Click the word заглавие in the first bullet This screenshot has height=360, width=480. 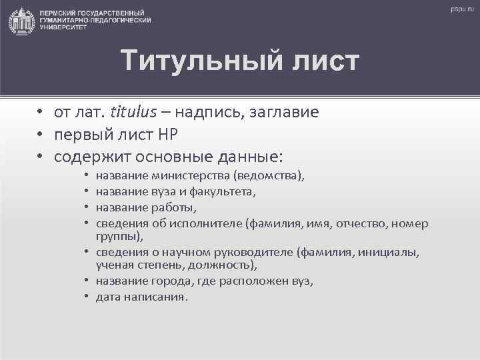283,112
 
